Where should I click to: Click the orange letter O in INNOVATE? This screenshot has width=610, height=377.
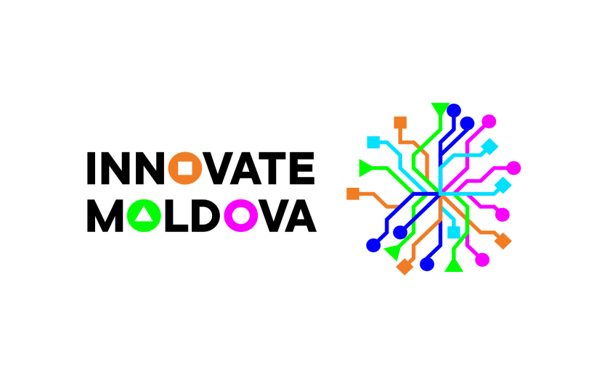185,168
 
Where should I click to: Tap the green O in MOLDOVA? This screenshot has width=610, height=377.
144,215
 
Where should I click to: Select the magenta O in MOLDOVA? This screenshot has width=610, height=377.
241,215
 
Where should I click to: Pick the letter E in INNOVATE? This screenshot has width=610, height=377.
302,168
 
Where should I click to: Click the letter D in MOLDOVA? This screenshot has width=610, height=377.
206,216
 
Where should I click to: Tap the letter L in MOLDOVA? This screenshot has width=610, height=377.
177,216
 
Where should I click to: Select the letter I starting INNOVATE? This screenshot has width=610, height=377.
91,168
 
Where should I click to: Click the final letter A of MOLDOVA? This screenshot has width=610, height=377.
301,216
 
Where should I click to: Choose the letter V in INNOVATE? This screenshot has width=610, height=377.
219,168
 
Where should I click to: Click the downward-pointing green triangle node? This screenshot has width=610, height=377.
440,109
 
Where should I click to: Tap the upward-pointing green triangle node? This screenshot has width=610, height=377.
454,265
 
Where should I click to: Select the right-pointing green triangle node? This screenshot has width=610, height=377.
366,167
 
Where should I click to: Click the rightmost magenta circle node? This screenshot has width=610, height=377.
513,168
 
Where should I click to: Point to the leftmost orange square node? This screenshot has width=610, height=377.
353,194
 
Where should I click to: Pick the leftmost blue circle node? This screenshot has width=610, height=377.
373,245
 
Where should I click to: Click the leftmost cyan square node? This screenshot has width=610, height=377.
373,142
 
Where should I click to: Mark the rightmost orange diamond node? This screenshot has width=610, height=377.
503,241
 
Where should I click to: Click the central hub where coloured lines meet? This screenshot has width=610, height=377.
440,193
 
